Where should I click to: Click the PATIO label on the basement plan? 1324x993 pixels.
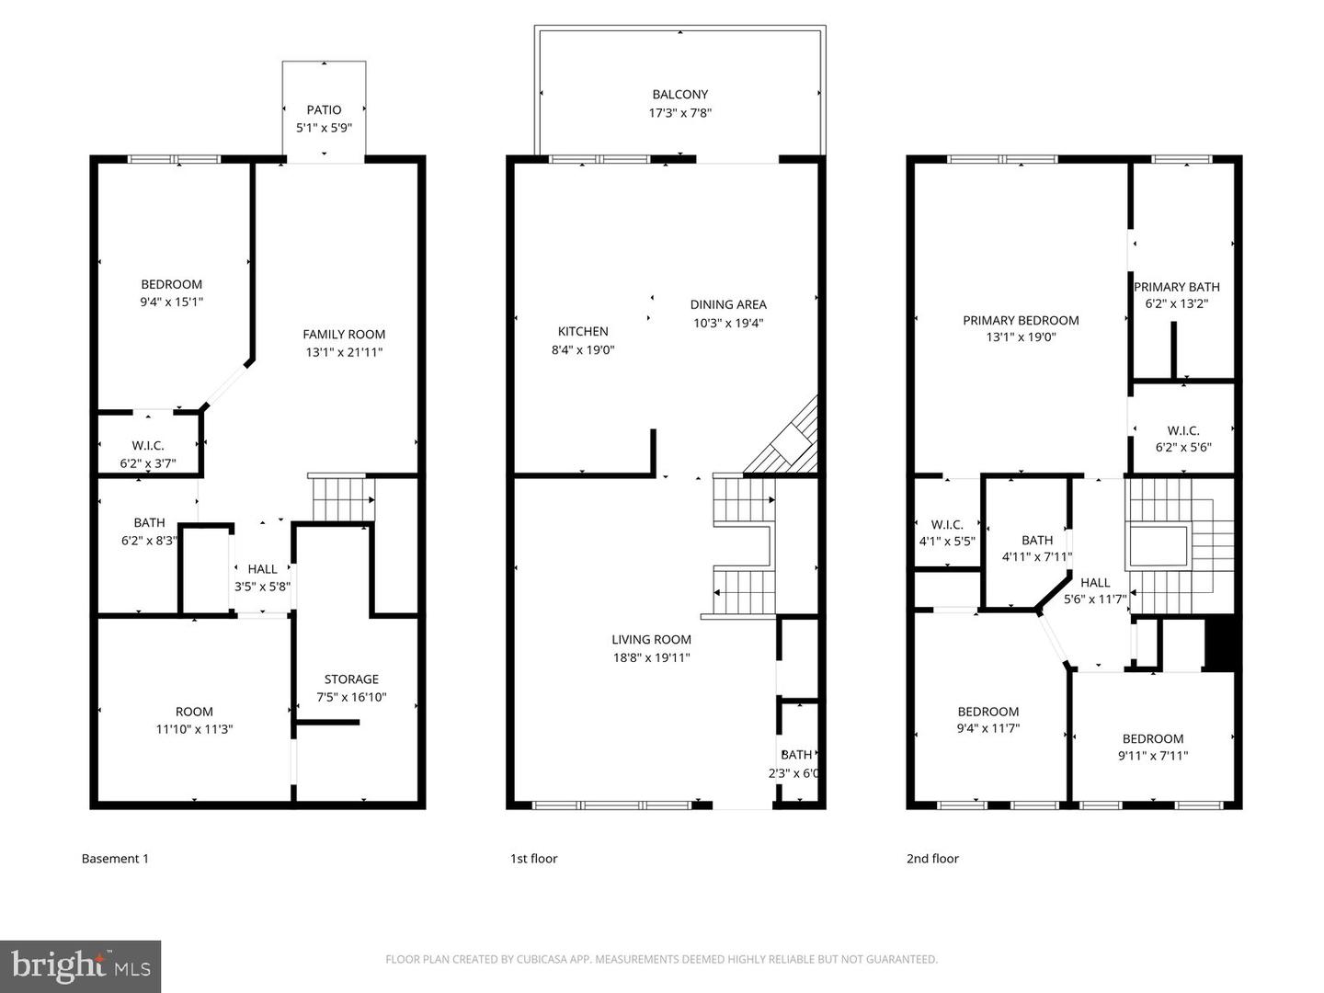pyautogui.click(x=324, y=109)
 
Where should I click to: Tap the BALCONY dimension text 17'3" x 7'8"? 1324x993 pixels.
pyautogui.click(x=680, y=113)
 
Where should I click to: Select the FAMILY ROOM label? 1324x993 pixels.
pyautogui.click(x=344, y=335)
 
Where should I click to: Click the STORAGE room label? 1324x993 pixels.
pyautogui.click(x=351, y=679)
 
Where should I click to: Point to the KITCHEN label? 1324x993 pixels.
pyautogui.click(x=583, y=332)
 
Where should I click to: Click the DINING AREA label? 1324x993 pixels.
pyautogui.click(x=728, y=304)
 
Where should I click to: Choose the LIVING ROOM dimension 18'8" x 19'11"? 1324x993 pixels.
pyautogui.click(x=651, y=657)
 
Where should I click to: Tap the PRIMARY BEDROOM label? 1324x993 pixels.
pyautogui.click(x=1021, y=321)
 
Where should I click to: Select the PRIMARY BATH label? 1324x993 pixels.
pyautogui.click(x=1176, y=287)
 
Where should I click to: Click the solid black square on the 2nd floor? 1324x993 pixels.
pyautogui.click(x=1223, y=644)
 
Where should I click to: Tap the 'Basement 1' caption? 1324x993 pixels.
pyautogui.click(x=115, y=859)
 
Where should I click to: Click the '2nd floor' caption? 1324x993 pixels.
pyautogui.click(x=932, y=859)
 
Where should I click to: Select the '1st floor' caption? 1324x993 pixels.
pyautogui.click(x=533, y=859)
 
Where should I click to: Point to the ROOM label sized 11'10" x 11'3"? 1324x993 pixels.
pyautogui.click(x=194, y=712)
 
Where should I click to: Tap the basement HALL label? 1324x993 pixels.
pyautogui.click(x=262, y=569)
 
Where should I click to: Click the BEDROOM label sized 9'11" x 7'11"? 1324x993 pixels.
pyautogui.click(x=1153, y=739)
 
